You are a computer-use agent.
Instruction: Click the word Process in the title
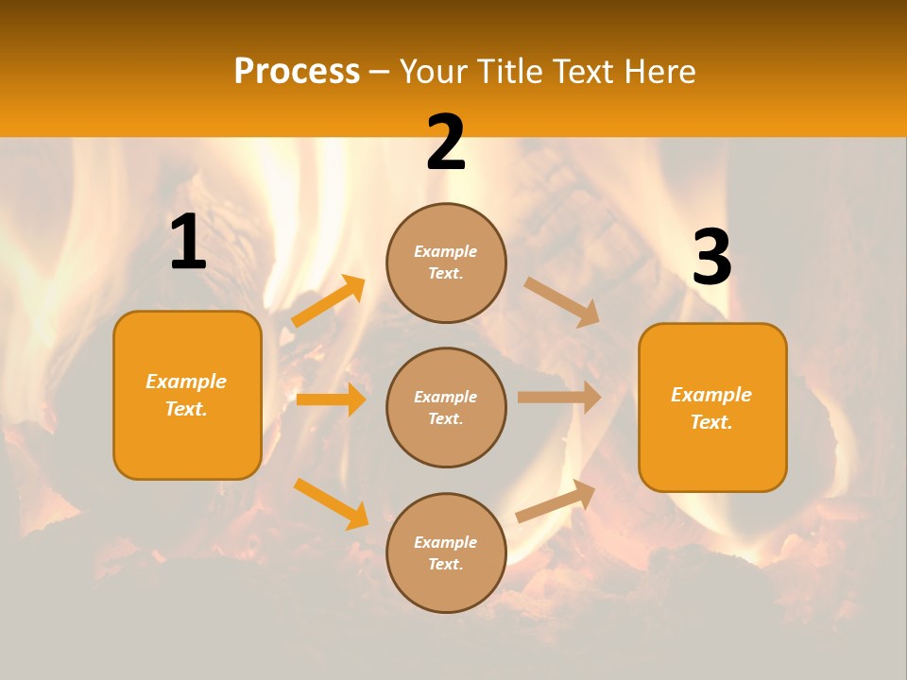(x=297, y=72)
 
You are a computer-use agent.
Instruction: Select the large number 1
(x=188, y=243)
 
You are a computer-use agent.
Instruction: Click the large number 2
(x=446, y=144)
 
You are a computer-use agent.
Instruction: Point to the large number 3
(x=711, y=259)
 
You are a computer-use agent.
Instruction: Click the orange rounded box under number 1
(x=187, y=395)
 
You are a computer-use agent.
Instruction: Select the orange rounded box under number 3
(x=712, y=408)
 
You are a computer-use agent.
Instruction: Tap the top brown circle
(x=446, y=263)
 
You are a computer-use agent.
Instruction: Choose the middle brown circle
(x=446, y=407)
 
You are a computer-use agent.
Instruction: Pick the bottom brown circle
(x=446, y=552)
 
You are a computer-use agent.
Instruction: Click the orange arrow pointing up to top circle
(x=329, y=301)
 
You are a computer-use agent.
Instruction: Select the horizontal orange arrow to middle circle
(x=331, y=399)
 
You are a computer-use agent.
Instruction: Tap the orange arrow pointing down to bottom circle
(x=331, y=502)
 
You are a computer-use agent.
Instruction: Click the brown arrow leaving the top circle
(x=562, y=301)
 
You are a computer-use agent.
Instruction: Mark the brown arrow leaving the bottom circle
(x=556, y=501)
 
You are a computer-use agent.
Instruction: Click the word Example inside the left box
(x=186, y=382)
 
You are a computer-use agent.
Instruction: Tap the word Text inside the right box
(x=710, y=422)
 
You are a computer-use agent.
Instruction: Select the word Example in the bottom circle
(x=446, y=542)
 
